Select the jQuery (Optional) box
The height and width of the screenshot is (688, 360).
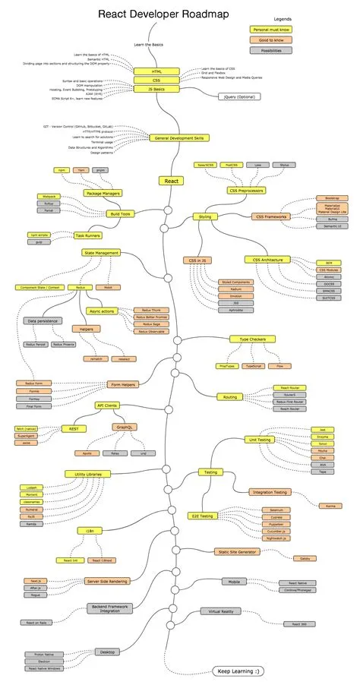238,97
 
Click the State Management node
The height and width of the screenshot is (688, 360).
101,252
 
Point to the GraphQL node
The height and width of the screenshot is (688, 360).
126,428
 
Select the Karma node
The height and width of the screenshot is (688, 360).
329,505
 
